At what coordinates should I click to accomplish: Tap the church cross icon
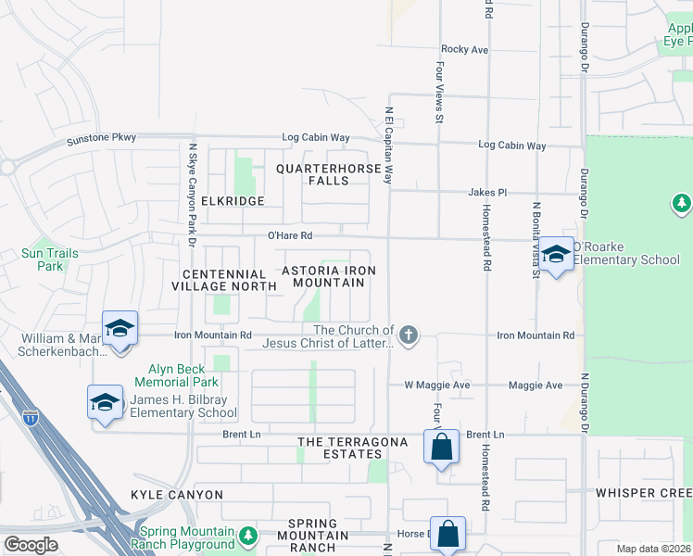click(408, 334)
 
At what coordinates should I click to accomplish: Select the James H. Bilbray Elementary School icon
click(105, 403)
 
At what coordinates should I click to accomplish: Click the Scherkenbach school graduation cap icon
click(120, 329)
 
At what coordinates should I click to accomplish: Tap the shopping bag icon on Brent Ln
click(442, 448)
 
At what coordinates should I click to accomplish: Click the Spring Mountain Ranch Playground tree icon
click(247, 536)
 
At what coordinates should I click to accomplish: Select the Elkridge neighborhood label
click(227, 201)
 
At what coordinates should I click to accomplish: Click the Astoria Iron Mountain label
click(329, 275)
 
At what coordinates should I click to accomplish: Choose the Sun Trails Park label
click(44, 259)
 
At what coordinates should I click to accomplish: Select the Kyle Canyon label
click(177, 495)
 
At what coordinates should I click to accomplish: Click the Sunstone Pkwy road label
click(102, 139)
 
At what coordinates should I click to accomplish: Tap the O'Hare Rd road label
click(290, 235)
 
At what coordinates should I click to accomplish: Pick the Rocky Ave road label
click(464, 49)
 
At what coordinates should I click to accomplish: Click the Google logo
click(31, 545)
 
